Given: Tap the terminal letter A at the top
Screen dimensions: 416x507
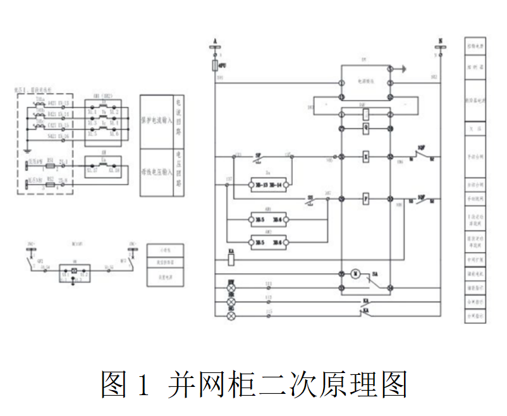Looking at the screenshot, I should [216, 40].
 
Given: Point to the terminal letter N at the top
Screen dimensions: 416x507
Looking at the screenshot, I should [440, 40].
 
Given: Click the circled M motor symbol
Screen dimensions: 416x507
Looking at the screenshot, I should [355, 274].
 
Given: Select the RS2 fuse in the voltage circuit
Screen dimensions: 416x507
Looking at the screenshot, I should [50, 184].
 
